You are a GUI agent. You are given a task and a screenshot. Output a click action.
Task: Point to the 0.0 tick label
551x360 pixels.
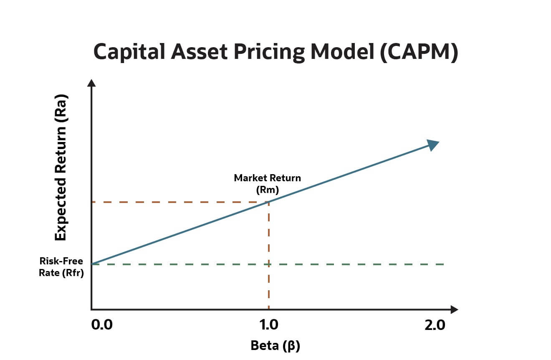[102, 325]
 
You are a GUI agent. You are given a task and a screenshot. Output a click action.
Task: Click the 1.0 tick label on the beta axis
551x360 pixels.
[268, 325]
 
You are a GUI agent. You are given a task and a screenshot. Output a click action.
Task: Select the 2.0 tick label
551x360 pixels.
[435, 325]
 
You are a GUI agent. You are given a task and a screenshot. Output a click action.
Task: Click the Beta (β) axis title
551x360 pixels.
[275, 346]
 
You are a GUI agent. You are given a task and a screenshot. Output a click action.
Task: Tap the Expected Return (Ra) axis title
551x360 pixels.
[61, 167]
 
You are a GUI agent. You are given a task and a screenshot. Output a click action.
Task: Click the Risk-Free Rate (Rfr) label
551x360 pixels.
[61, 268]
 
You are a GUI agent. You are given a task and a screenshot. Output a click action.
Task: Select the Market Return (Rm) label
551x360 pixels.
[267, 183]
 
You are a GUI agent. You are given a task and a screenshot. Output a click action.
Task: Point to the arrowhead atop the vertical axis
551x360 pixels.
[92, 82]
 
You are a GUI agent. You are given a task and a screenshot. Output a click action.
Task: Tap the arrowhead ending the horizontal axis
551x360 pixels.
[454, 309]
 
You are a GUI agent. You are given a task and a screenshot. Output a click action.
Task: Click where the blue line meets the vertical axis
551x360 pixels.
[92, 264]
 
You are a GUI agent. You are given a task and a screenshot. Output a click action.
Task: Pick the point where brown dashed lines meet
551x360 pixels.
[268, 202]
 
